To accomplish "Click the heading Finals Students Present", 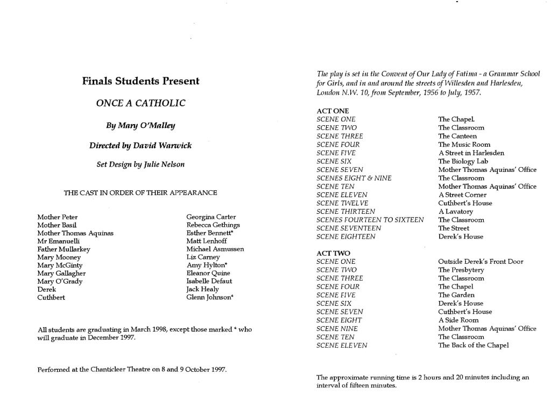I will pos(140,82).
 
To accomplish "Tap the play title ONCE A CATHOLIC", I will pos(140,103).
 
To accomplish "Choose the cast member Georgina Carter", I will pos(211,217).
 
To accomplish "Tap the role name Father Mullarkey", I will pos(63,249).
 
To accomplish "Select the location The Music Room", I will pos(464,145).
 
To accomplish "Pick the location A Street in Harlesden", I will pos(471,153).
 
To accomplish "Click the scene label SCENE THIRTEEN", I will pos(346,212).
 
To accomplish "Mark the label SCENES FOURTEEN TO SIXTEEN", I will pos(370,220).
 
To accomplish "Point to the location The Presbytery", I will pos(461,270).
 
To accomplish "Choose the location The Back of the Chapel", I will pos(473,345).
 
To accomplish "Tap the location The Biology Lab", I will pos(463,161).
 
